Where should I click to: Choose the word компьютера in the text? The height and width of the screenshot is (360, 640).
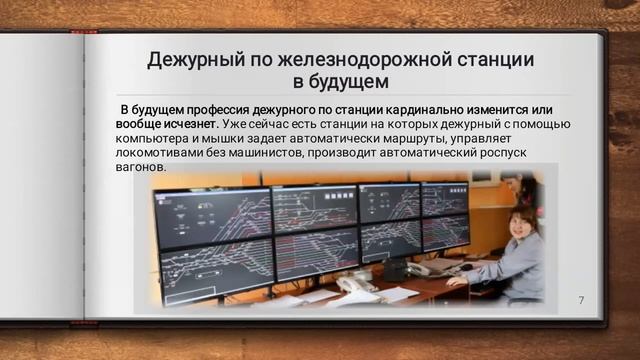tap(152, 138)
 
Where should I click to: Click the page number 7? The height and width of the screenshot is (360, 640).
tap(581, 300)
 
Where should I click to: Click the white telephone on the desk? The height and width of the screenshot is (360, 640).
tap(355, 286)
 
